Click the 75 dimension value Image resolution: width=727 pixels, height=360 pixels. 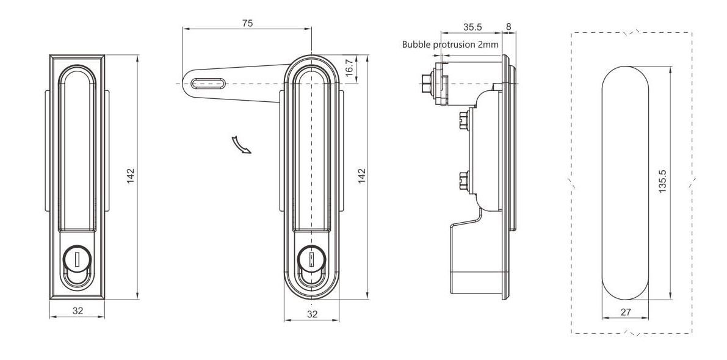(247, 23)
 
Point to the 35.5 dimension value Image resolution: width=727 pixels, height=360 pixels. (472, 27)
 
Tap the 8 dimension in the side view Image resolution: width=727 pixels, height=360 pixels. (509, 27)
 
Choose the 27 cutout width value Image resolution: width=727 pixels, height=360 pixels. (625, 312)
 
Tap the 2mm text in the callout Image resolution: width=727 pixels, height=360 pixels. (488, 45)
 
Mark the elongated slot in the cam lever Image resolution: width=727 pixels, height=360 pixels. (207, 83)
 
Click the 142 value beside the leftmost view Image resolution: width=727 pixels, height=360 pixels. (130, 175)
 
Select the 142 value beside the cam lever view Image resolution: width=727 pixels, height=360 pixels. (361, 176)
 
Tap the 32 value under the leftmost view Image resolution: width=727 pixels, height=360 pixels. (78, 311)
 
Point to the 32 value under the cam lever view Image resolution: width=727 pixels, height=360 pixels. (312, 314)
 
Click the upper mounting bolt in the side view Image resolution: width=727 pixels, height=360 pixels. (461, 120)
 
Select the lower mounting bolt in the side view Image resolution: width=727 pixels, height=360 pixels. (461, 181)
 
